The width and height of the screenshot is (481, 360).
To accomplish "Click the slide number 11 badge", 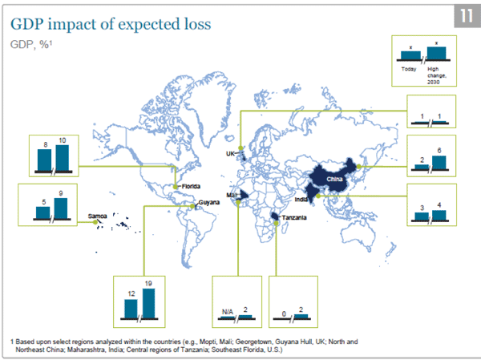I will [464, 17].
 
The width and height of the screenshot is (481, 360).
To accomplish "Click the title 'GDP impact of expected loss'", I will [110, 23].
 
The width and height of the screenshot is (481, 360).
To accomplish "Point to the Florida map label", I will [190, 186].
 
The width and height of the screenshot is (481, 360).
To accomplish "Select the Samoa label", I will [99, 216].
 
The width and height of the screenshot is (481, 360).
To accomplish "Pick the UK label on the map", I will [230, 152].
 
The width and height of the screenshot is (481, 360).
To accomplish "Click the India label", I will [301, 199].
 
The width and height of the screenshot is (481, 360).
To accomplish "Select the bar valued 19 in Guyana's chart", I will [148, 302].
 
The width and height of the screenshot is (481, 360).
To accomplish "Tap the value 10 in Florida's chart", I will [63, 141].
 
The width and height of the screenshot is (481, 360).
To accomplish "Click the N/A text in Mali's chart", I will [226, 309].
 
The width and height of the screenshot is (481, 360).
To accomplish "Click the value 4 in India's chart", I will [439, 205].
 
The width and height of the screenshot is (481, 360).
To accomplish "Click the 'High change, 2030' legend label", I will [438, 76].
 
